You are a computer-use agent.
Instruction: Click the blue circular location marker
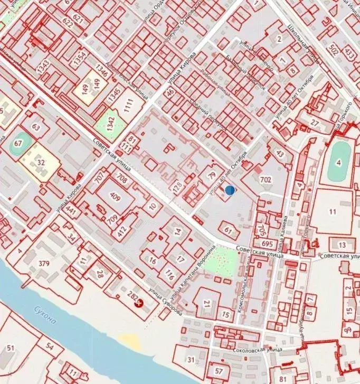[x=230, y=190]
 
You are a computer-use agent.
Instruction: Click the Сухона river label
[x=43, y=315]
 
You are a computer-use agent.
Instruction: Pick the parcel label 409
[x=115, y=196]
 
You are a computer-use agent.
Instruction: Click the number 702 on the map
[x=266, y=180]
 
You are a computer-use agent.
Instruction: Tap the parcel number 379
[x=44, y=264]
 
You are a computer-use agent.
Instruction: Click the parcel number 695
[x=267, y=244]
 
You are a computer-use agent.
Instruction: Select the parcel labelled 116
[x=169, y=274]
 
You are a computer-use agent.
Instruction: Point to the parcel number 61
[x=228, y=230]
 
